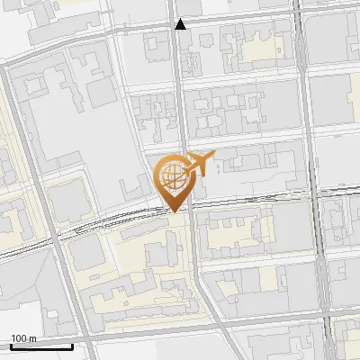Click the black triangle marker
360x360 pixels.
coord(180,24)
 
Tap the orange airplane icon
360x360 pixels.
coord(199,164)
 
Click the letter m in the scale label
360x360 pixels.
coord(32,338)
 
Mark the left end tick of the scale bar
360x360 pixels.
coord(11,346)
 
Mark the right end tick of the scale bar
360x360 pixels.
coord(72,346)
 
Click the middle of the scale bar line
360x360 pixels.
coord(41,346)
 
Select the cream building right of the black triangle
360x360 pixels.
coord(261,45)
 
